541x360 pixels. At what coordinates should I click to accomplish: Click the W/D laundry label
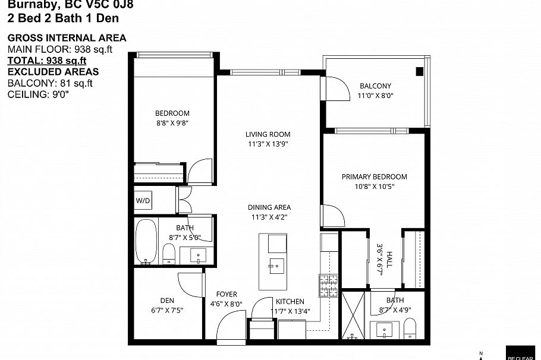(143, 201)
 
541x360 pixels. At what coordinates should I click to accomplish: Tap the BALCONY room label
(375, 86)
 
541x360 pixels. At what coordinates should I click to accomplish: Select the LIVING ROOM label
(268, 134)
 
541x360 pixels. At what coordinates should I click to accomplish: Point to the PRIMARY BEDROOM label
(374, 176)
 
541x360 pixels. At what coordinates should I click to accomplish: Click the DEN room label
(166, 300)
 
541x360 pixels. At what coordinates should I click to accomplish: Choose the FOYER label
(227, 294)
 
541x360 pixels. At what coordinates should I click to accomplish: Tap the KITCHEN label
(290, 301)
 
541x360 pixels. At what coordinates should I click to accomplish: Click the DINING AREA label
(269, 207)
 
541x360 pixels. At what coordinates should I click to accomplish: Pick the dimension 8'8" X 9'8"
(172, 123)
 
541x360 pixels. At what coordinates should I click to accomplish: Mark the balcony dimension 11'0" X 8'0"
(376, 96)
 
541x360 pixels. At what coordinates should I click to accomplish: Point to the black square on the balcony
(419, 72)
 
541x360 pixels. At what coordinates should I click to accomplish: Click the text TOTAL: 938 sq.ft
(47, 61)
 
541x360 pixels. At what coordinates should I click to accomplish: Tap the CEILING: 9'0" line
(39, 94)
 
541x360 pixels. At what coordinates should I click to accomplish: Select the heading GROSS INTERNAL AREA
(67, 38)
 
